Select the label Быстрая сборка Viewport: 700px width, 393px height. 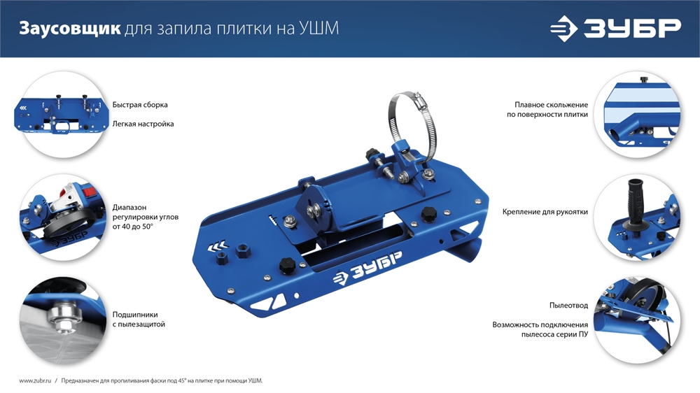[140, 105]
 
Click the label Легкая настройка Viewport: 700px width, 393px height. [143, 124]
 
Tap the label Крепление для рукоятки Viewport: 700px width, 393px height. [545, 211]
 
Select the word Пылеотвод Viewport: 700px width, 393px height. [568, 306]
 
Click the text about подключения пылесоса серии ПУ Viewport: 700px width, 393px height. [540, 330]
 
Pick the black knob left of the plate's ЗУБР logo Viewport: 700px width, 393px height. [286, 265]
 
